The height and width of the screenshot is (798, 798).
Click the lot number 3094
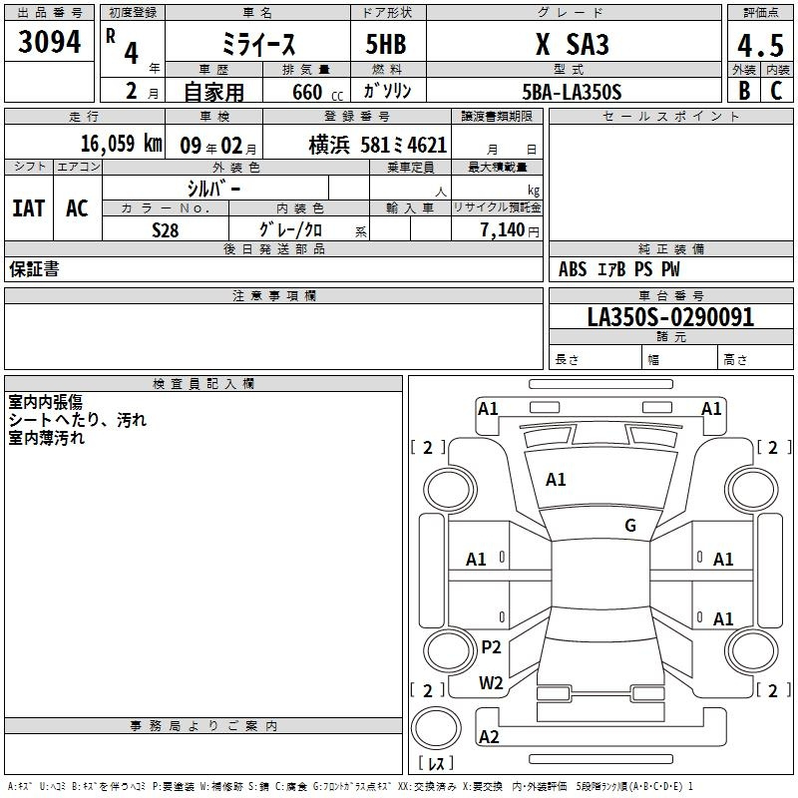(x=49, y=42)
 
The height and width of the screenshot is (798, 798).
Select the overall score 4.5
(x=760, y=46)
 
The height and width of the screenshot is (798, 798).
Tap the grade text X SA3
(x=573, y=44)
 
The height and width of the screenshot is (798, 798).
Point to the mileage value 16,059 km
(x=121, y=144)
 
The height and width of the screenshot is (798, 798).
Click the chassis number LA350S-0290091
(x=670, y=317)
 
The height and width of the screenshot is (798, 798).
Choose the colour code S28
(x=166, y=230)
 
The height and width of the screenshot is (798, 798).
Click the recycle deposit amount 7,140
(x=503, y=230)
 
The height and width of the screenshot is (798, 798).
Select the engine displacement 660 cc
(x=317, y=92)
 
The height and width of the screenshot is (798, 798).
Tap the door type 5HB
(x=386, y=44)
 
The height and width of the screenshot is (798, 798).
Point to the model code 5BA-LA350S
(x=572, y=92)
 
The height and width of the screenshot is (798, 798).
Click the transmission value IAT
(x=29, y=208)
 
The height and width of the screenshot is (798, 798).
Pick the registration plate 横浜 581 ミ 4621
(x=378, y=146)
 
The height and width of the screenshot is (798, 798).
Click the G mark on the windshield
(x=630, y=525)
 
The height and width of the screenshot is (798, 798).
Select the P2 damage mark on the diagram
(x=491, y=646)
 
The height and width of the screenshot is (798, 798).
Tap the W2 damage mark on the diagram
(x=491, y=682)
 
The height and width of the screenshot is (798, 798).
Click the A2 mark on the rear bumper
(x=489, y=736)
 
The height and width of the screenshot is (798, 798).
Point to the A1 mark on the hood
(x=556, y=479)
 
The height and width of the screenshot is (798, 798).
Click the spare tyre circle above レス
(x=436, y=728)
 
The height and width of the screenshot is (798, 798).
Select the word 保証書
(x=34, y=268)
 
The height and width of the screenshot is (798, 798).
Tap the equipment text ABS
(x=573, y=269)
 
